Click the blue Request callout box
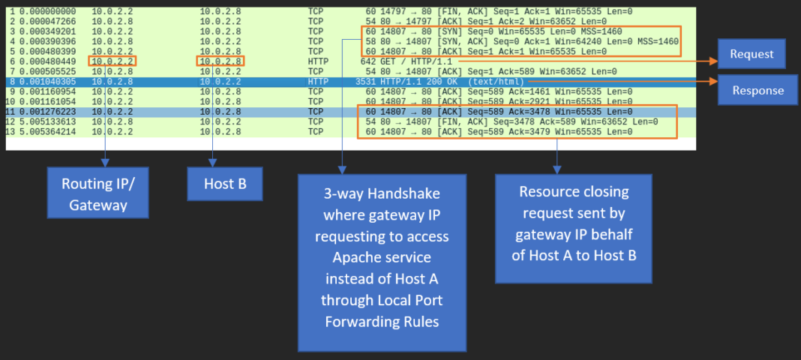(751, 54)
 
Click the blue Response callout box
(757, 90)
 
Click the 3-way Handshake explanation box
(382, 262)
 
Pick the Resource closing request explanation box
(573, 228)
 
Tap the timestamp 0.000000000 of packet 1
(49, 12)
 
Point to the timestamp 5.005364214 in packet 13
(49, 131)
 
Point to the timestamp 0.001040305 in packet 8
(49, 81)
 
